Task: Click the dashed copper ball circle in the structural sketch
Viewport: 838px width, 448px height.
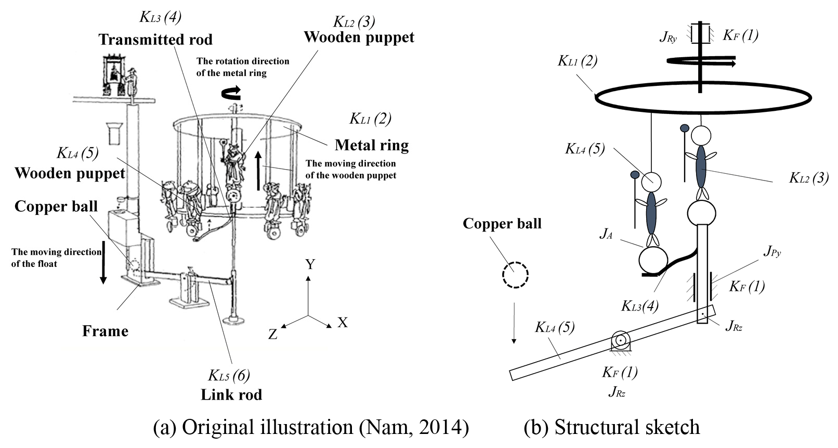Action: [x=515, y=275]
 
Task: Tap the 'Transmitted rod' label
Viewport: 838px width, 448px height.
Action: [x=155, y=40]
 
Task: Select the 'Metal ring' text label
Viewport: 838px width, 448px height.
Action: [x=372, y=145]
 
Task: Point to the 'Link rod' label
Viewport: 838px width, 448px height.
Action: [x=231, y=394]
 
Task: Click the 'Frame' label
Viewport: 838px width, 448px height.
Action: [x=105, y=331]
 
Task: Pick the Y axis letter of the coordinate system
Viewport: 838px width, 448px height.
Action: [x=310, y=265]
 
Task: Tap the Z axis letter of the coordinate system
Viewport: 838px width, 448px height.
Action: [x=273, y=335]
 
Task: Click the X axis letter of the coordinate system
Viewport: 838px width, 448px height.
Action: [x=343, y=323]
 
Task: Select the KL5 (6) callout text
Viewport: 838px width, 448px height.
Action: [x=229, y=375]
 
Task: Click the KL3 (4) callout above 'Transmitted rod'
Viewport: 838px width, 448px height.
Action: [x=160, y=17]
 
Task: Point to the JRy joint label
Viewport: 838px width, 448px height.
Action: [x=669, y=36]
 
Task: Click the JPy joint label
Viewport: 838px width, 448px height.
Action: [x=772, y=252]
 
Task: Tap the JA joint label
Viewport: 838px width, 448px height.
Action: [x=606, y=234]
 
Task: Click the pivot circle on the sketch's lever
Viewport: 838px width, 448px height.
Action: [x=620, y=341]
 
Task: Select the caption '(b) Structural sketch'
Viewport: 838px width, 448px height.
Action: [x=612, y=428]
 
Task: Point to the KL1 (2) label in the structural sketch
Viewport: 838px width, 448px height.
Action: [x=577, y=61]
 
